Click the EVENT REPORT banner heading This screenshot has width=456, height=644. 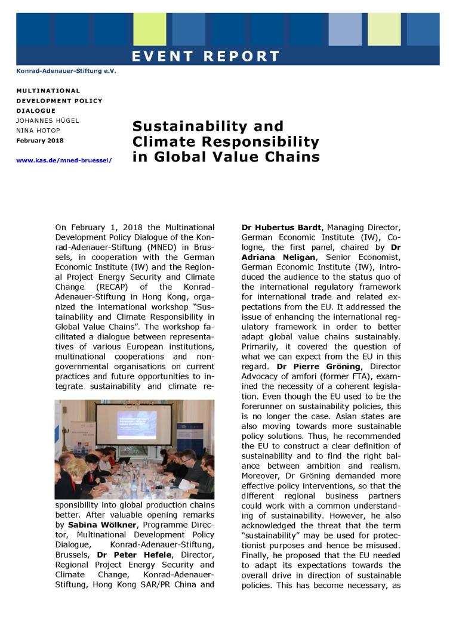[206, 57]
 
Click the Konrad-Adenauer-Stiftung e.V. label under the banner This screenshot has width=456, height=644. [66, 71]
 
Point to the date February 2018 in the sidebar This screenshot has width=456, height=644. [40, 141]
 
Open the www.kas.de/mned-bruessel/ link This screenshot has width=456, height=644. [64, 160]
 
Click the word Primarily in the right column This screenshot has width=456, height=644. [261, 347]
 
